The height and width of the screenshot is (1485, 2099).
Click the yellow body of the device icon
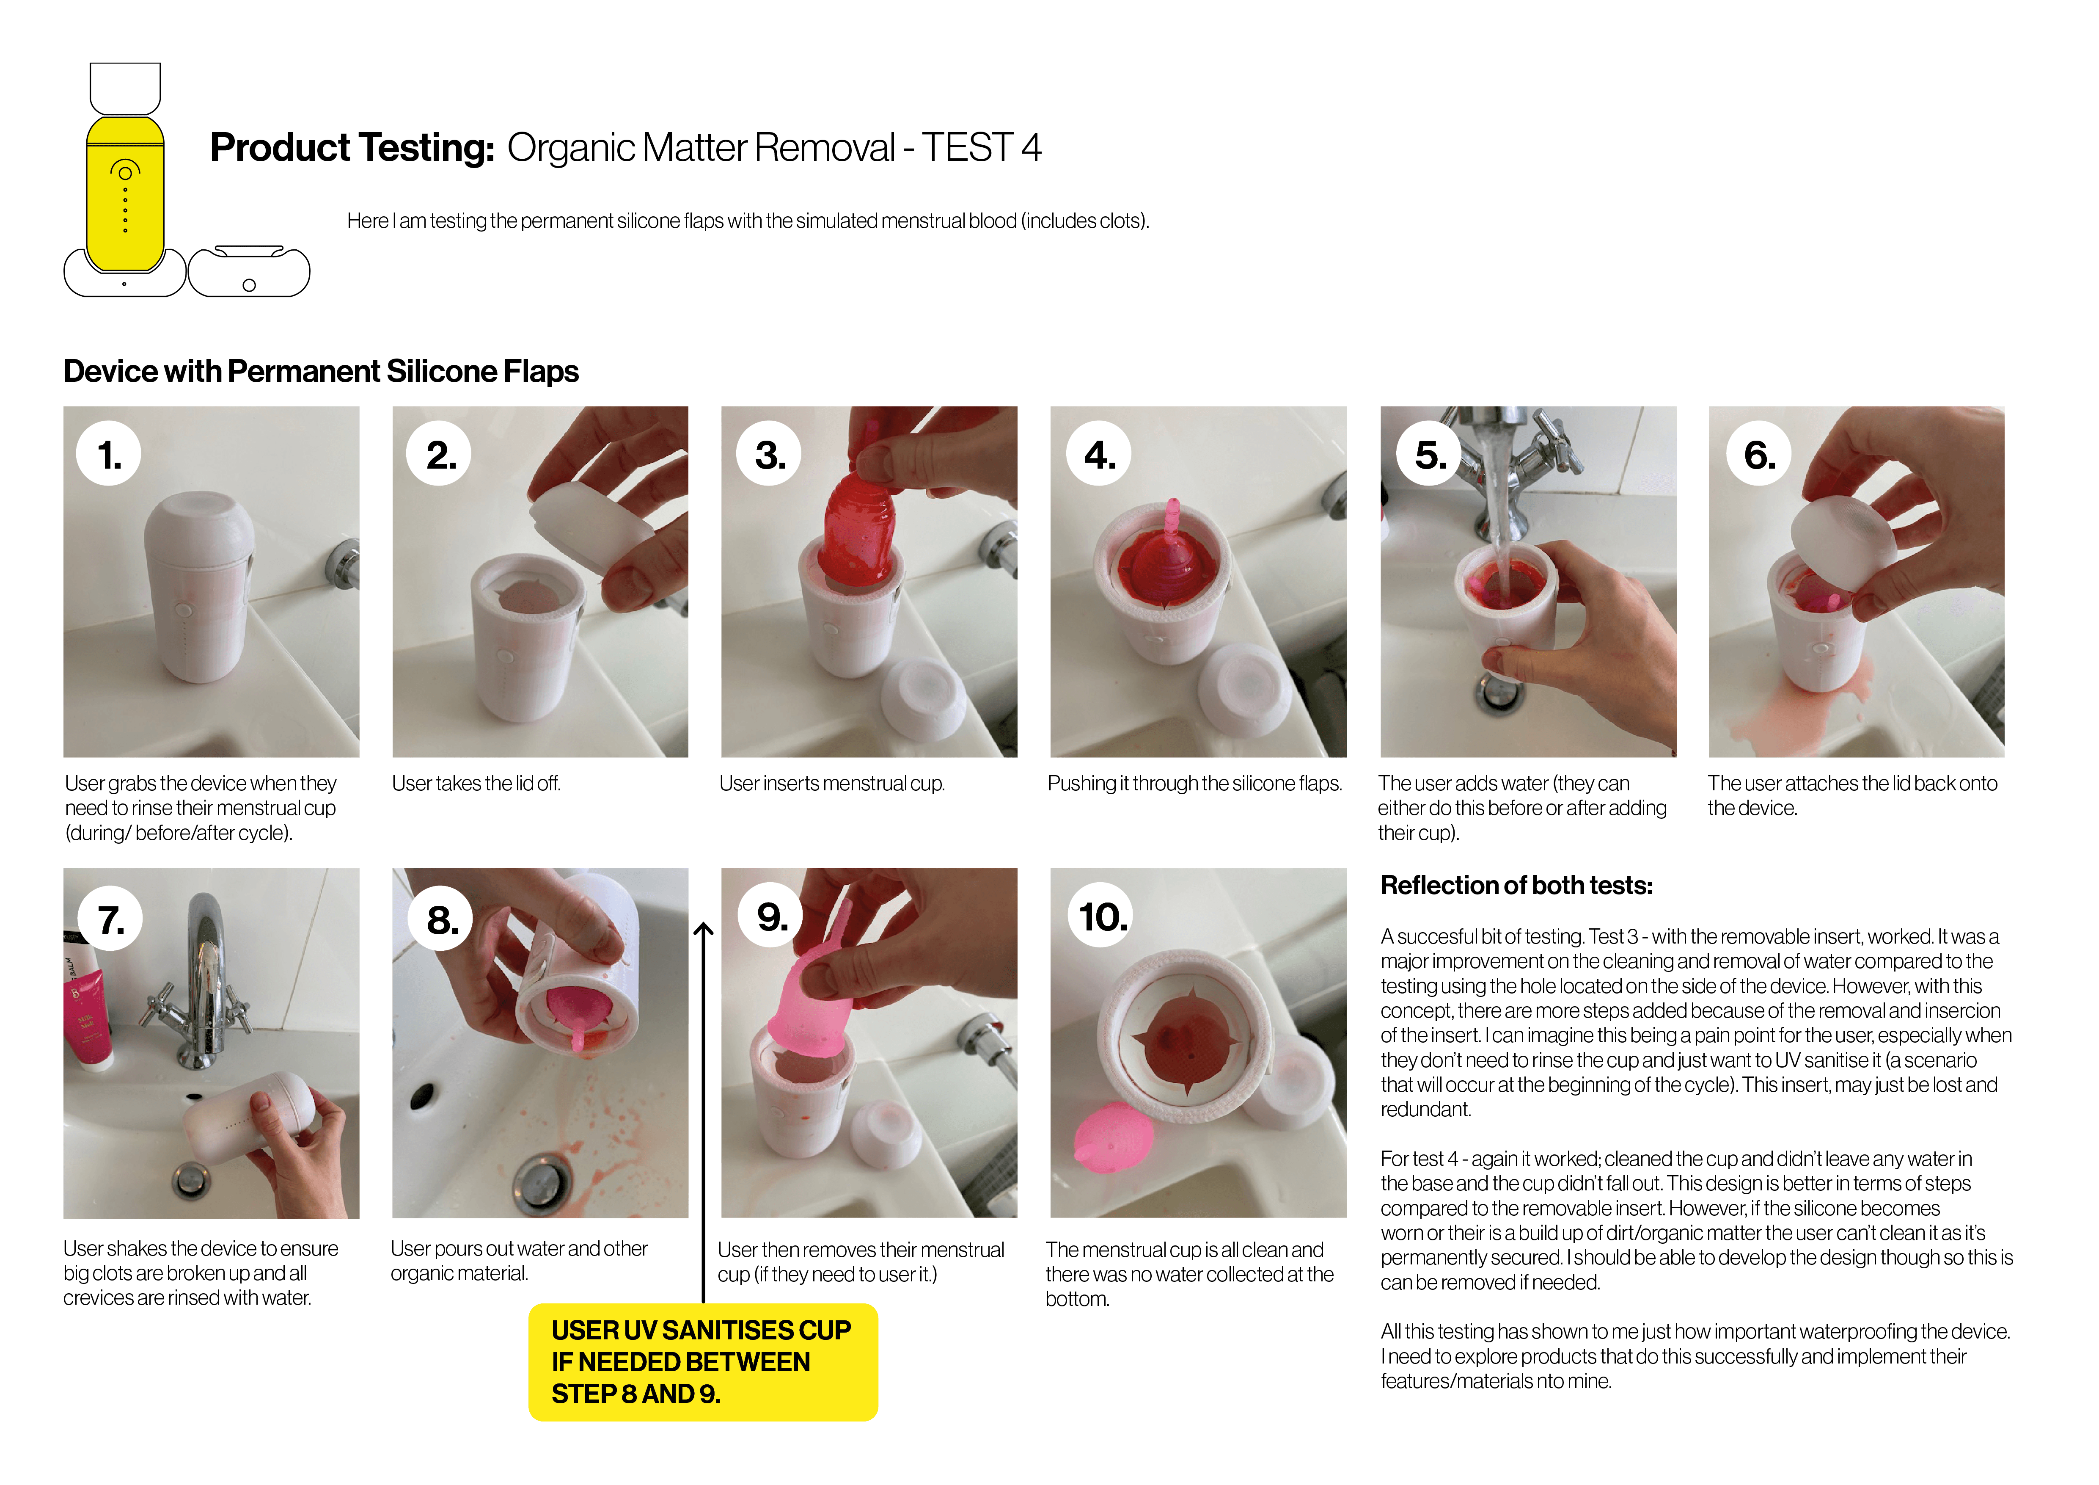[125, 196]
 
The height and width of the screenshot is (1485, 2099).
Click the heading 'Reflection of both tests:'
[1516, 885]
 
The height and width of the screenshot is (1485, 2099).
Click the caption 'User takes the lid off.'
[476, 784]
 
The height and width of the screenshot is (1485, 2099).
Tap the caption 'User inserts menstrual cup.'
[831, 784]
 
